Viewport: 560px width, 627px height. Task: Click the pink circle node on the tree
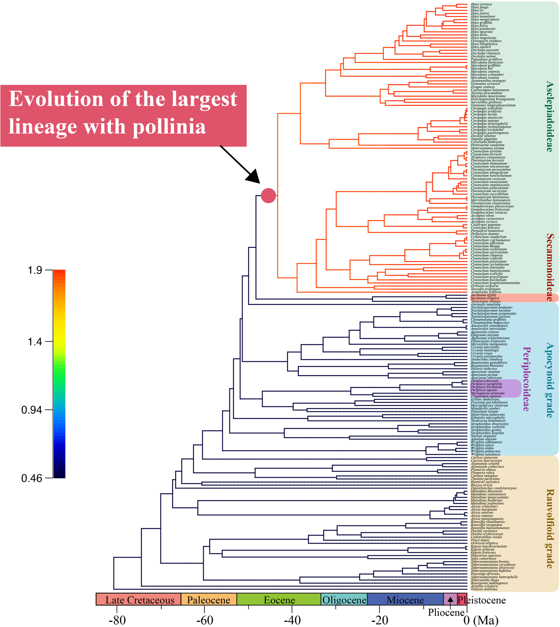(268, 196)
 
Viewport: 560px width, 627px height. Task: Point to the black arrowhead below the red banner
(254, 177)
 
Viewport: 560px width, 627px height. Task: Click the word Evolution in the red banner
(56, 99)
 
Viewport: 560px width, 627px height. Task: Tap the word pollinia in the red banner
(169, 127)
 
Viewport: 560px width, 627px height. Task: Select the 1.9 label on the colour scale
(35, 270)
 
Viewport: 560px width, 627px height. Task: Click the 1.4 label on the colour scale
(35, 341)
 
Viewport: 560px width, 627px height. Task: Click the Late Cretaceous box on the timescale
(140, 600)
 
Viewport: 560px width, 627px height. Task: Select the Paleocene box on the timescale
(209, 600)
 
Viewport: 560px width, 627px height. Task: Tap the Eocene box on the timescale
(279, 600)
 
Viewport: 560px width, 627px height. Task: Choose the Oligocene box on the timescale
(344, 600)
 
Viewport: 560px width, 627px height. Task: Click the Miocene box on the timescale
(405, 600)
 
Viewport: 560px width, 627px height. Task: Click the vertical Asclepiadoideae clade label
(549, 116)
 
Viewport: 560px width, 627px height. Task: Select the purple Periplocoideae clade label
(526, 379)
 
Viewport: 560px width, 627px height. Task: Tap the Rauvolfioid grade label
(549, 528)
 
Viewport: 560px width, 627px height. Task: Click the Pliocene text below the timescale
(446, 612)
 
